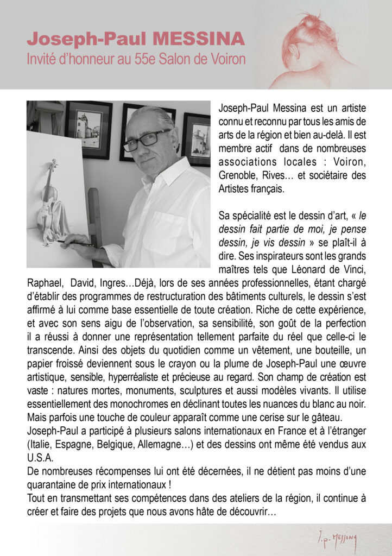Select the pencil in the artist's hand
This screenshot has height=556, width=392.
78,243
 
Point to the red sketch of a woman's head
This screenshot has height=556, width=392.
312,46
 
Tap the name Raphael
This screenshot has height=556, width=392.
43,282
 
